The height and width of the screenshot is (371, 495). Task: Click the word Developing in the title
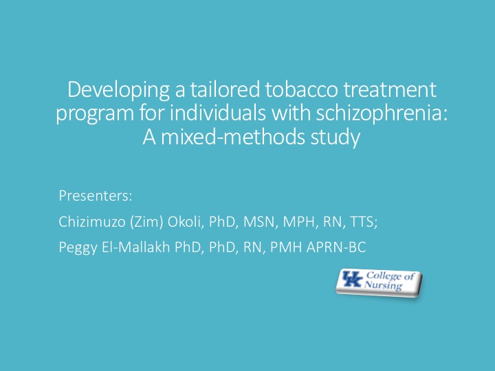click(x=118, y=91)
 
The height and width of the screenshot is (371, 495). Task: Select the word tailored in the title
click(x=225, y=89)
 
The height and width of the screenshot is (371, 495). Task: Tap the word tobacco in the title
click(x=302, y=89)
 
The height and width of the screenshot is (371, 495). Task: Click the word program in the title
click(x=95, y=114)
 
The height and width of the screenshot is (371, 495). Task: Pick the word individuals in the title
click(x=218, y=113)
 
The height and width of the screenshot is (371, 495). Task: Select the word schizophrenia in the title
click(x=382, y=113)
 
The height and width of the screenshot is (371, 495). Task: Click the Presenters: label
click(x=96, y=196)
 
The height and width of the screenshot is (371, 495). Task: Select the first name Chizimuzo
click(x=92, y=221)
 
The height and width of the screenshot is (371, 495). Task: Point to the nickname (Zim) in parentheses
click(x=146, y=222)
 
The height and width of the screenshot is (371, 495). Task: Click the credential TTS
click(x=364, y=222)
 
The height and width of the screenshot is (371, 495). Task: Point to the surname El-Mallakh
click(x=135, y=247)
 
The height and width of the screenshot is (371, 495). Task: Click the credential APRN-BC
click(x=336, y=247)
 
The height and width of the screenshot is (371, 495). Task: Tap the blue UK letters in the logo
click(x=352, y=279)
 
